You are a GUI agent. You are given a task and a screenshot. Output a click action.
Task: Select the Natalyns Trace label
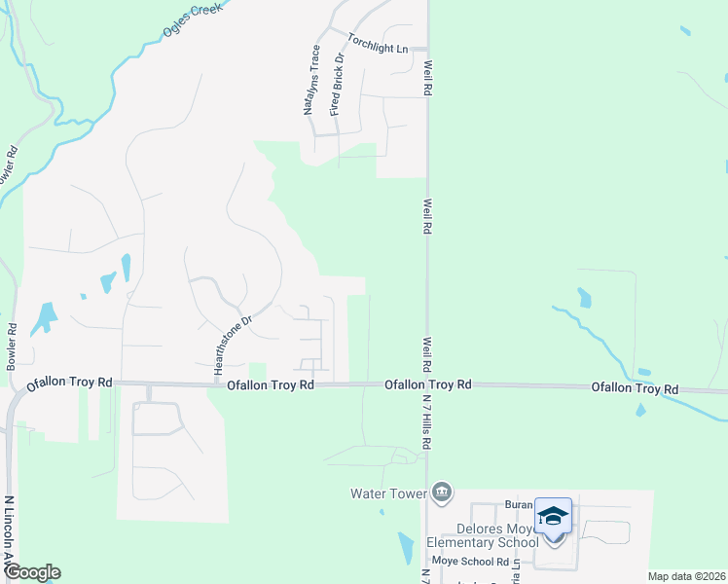point(312,80)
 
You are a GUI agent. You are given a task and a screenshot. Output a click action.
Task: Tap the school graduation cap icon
point(553,516)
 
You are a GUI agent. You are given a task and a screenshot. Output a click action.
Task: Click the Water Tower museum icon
point(442,493)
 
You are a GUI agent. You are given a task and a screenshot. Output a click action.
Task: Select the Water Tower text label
point(389,493)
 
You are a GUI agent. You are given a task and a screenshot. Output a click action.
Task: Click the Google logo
point(32,572)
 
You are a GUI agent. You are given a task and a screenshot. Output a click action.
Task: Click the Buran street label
point(518,506)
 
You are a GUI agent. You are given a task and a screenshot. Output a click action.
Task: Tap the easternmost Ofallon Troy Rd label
point(635,388)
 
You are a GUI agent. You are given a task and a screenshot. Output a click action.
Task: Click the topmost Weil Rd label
point(427,78)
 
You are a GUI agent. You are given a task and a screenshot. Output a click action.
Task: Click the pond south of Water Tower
point(406,547)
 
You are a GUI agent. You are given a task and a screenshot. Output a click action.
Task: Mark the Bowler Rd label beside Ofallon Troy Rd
point(13,342)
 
